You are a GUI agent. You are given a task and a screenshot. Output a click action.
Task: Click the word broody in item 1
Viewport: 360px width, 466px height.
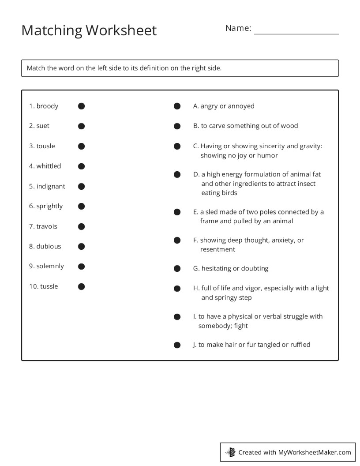tap(47, 106)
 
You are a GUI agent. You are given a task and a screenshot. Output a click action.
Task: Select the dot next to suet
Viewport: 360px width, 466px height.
tap(81, 126)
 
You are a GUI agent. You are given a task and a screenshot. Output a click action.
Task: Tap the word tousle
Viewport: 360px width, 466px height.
tap(45, 146)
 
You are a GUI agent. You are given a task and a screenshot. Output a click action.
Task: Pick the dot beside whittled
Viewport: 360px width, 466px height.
tap(81, 166)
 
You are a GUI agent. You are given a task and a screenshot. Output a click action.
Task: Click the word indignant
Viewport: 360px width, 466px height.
tap(51, 186)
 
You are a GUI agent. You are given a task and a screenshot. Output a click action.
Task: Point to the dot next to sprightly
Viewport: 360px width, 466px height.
tap(81, 206)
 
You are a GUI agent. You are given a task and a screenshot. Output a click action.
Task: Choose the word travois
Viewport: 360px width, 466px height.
tap(47, 226)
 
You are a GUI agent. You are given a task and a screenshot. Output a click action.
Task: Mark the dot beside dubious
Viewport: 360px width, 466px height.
tap(81, 246)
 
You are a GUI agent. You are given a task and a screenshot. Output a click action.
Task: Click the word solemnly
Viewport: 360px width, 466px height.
tap(50, 266)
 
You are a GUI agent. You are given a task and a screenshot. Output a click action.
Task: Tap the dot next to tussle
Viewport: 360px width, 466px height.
tap(81, 286)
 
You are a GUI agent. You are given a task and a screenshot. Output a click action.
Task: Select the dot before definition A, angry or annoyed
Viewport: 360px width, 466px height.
tap(177, 106)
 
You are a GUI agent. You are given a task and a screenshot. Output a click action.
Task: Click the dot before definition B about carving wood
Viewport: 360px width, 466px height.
tap(177, 126)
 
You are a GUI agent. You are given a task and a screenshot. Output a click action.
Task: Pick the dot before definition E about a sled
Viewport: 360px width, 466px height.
tap(177, 212)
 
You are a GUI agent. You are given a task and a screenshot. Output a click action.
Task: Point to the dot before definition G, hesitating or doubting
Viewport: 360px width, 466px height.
tap(177, 269)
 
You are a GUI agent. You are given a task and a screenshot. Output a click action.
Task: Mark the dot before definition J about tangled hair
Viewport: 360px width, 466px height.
tap(177, 345)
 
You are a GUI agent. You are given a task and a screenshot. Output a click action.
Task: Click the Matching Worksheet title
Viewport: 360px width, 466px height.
tap(89, 30)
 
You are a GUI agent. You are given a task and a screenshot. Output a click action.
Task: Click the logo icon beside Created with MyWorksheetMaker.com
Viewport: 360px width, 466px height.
tap(230, 452)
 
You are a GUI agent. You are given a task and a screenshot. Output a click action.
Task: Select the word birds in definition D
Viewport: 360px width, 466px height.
tap(229, 193)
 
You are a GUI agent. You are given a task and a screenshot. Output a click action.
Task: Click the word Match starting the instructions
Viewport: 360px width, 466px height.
tap(36, 68)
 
